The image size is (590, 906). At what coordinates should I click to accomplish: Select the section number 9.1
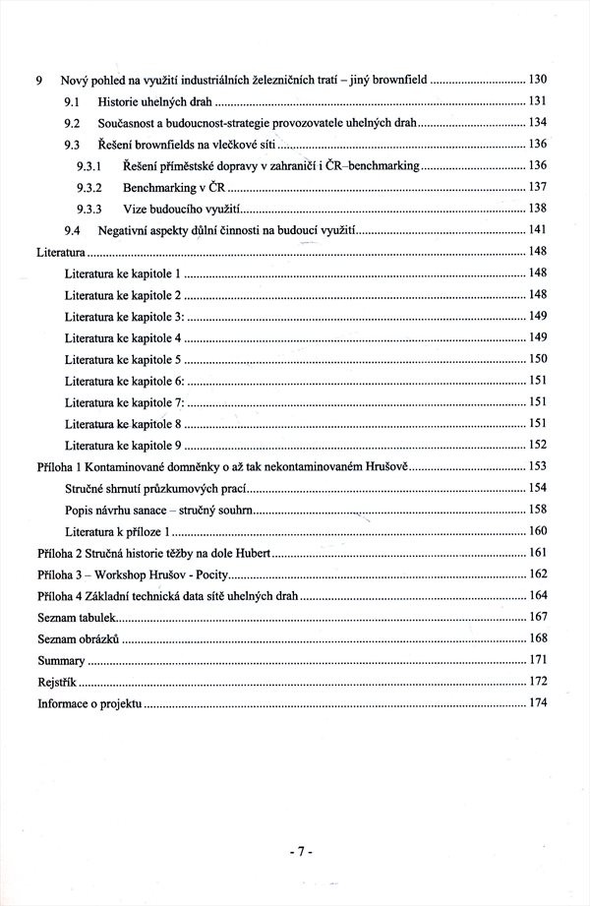[x=72, y=101]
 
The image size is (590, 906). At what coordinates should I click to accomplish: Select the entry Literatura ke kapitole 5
[x=123, y=359]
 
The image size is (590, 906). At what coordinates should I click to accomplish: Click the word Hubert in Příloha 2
[x=277, y=553]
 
